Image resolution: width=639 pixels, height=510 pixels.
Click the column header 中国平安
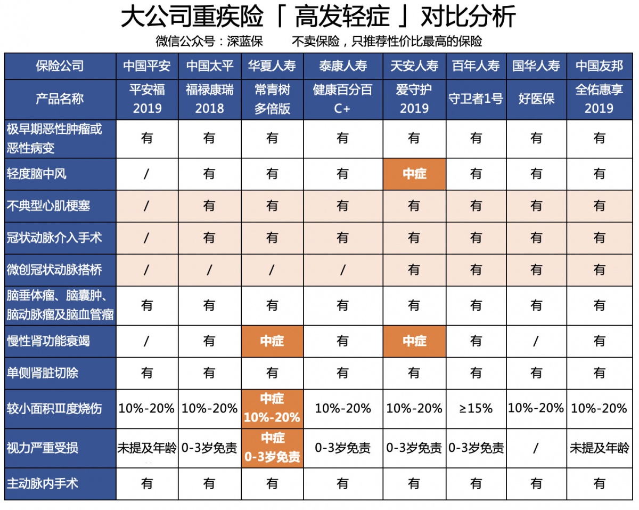coord(147,66)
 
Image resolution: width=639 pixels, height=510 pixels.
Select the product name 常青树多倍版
coord(272,99)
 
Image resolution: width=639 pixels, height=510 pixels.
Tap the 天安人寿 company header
coord(414,66)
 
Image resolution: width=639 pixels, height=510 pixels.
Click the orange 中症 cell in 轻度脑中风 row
coord(414,174)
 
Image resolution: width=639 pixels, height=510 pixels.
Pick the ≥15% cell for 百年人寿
coord(476,409)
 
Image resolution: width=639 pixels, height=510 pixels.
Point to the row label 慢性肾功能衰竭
coord(48,341)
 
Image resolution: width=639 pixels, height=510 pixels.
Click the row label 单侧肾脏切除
coord(43,373)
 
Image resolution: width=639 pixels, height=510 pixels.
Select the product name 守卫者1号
coord(476,99)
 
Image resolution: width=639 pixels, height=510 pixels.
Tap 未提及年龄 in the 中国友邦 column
coord(599,448)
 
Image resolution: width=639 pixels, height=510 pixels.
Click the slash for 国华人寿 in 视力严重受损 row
coord(536,448)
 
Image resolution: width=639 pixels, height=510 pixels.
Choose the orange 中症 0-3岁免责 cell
coord(272,448)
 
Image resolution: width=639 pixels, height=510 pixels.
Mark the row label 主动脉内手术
coord(43,484)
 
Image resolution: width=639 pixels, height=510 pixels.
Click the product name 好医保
coord(536,99)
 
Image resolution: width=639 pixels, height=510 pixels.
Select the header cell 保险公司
coord(60,66)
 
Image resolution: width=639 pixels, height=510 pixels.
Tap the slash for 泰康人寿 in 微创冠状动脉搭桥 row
coord(342,270)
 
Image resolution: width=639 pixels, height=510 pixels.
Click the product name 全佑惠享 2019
coord(599,99)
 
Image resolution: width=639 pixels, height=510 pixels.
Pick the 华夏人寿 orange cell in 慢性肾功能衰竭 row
coord(272,341)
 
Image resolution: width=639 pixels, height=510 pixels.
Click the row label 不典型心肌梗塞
coord(48,206)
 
